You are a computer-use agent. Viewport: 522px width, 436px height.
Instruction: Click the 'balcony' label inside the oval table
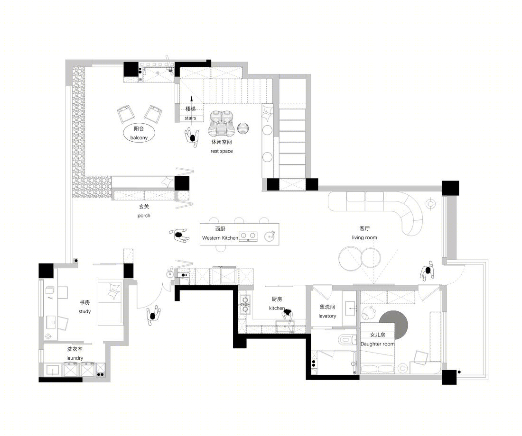(139, 138)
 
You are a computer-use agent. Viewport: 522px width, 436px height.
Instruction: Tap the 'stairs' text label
(190, 118)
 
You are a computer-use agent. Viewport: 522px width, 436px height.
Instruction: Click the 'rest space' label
(222, 151)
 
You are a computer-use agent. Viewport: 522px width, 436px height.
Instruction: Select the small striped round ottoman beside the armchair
(243, 128)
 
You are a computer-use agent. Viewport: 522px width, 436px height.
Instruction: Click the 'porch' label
(144, 216)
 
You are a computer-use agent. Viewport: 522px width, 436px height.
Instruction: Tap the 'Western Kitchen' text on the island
(220, 238)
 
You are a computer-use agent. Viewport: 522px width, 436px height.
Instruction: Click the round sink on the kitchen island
(270, 236)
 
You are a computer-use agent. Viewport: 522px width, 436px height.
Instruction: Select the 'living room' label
(364, 237)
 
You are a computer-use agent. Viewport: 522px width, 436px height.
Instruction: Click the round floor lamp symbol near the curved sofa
(431, 203)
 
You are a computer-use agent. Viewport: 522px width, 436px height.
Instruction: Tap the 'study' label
(84, 311)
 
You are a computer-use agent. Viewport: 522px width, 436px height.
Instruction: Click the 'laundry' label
(75, 358)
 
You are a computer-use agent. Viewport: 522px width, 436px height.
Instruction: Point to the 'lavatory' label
(327, 316)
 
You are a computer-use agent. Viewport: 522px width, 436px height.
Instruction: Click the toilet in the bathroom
(345, 340)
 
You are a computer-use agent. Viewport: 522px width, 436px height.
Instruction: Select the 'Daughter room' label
(378, 344)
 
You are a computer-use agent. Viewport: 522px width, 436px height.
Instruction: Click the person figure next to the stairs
(192, 137)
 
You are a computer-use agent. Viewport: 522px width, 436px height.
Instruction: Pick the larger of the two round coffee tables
(350, 258)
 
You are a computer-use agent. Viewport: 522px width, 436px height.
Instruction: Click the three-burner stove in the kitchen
(245, 304)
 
